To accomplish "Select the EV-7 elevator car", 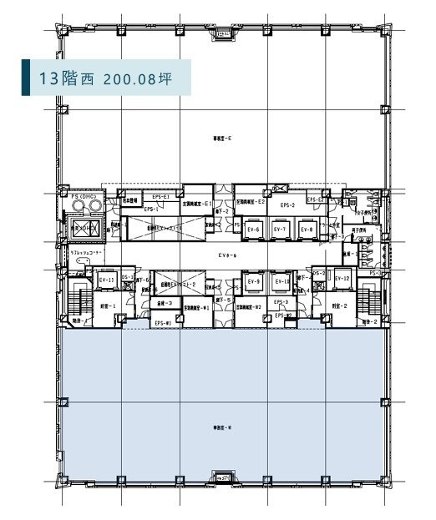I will coord(281,229).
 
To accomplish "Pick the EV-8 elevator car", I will coord(307,229).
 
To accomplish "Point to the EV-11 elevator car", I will coord(106,281).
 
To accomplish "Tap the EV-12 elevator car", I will coord(342,280).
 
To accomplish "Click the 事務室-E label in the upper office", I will coord(222,138).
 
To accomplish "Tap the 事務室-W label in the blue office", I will coord(222,427).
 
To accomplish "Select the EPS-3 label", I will coord(281,302).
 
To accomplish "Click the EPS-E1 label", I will coord(160,197).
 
